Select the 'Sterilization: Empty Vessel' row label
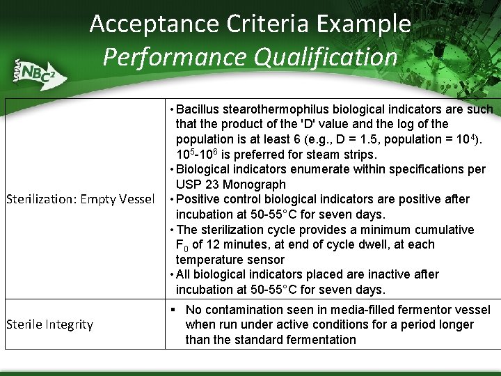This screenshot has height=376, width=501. [80, 200]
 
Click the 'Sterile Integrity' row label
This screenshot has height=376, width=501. [49, 324]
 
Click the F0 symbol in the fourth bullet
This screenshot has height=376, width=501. [182, 245]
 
